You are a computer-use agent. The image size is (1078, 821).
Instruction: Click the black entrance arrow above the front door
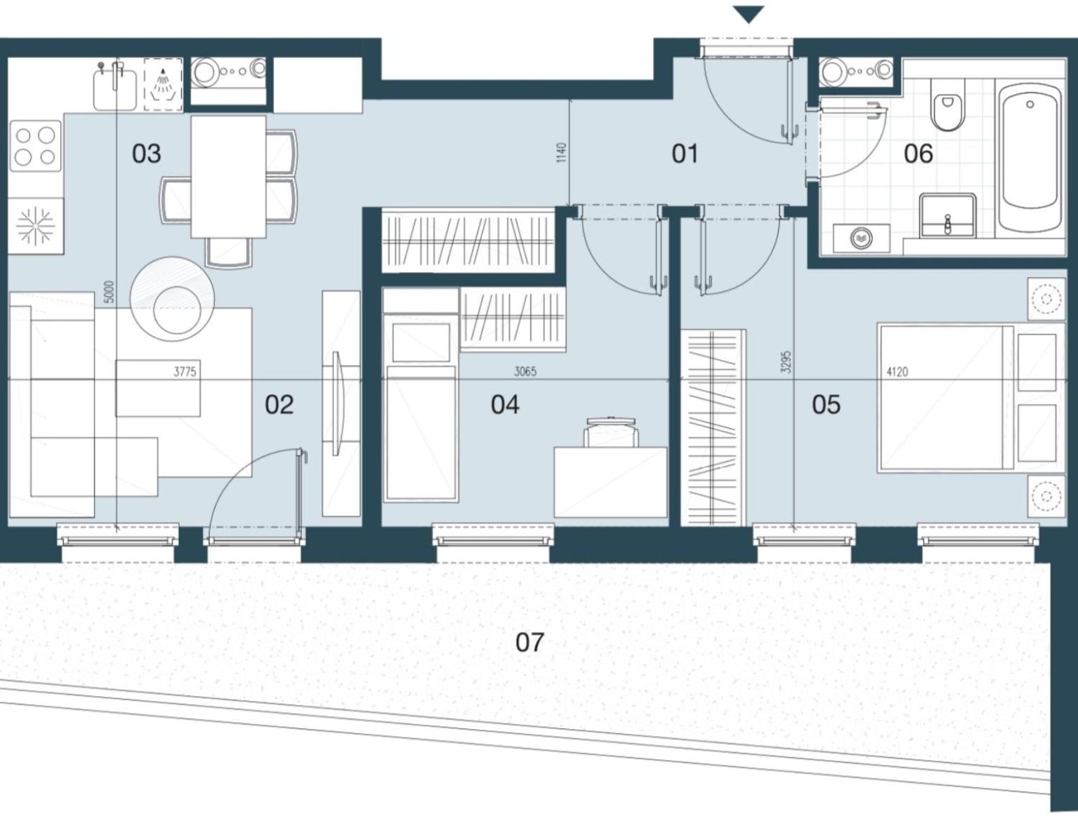749,14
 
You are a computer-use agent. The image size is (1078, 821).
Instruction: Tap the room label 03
146,154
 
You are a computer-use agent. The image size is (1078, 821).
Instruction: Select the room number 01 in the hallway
685,154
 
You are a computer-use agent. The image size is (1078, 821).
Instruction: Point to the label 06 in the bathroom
919,154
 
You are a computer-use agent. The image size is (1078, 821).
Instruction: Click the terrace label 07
530,642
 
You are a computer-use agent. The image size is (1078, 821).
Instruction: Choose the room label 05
826,405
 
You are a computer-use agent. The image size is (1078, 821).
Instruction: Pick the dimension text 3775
185,372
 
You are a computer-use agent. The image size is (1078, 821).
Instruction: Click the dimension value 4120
898,372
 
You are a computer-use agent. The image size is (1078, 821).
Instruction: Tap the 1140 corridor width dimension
562,152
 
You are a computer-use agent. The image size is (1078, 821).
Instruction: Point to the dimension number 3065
525,371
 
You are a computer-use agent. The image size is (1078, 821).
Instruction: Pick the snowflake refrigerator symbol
34,226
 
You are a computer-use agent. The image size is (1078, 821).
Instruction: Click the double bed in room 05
971,397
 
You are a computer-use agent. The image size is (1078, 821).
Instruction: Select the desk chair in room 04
612,432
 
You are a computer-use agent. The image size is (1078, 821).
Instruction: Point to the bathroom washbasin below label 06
947,216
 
